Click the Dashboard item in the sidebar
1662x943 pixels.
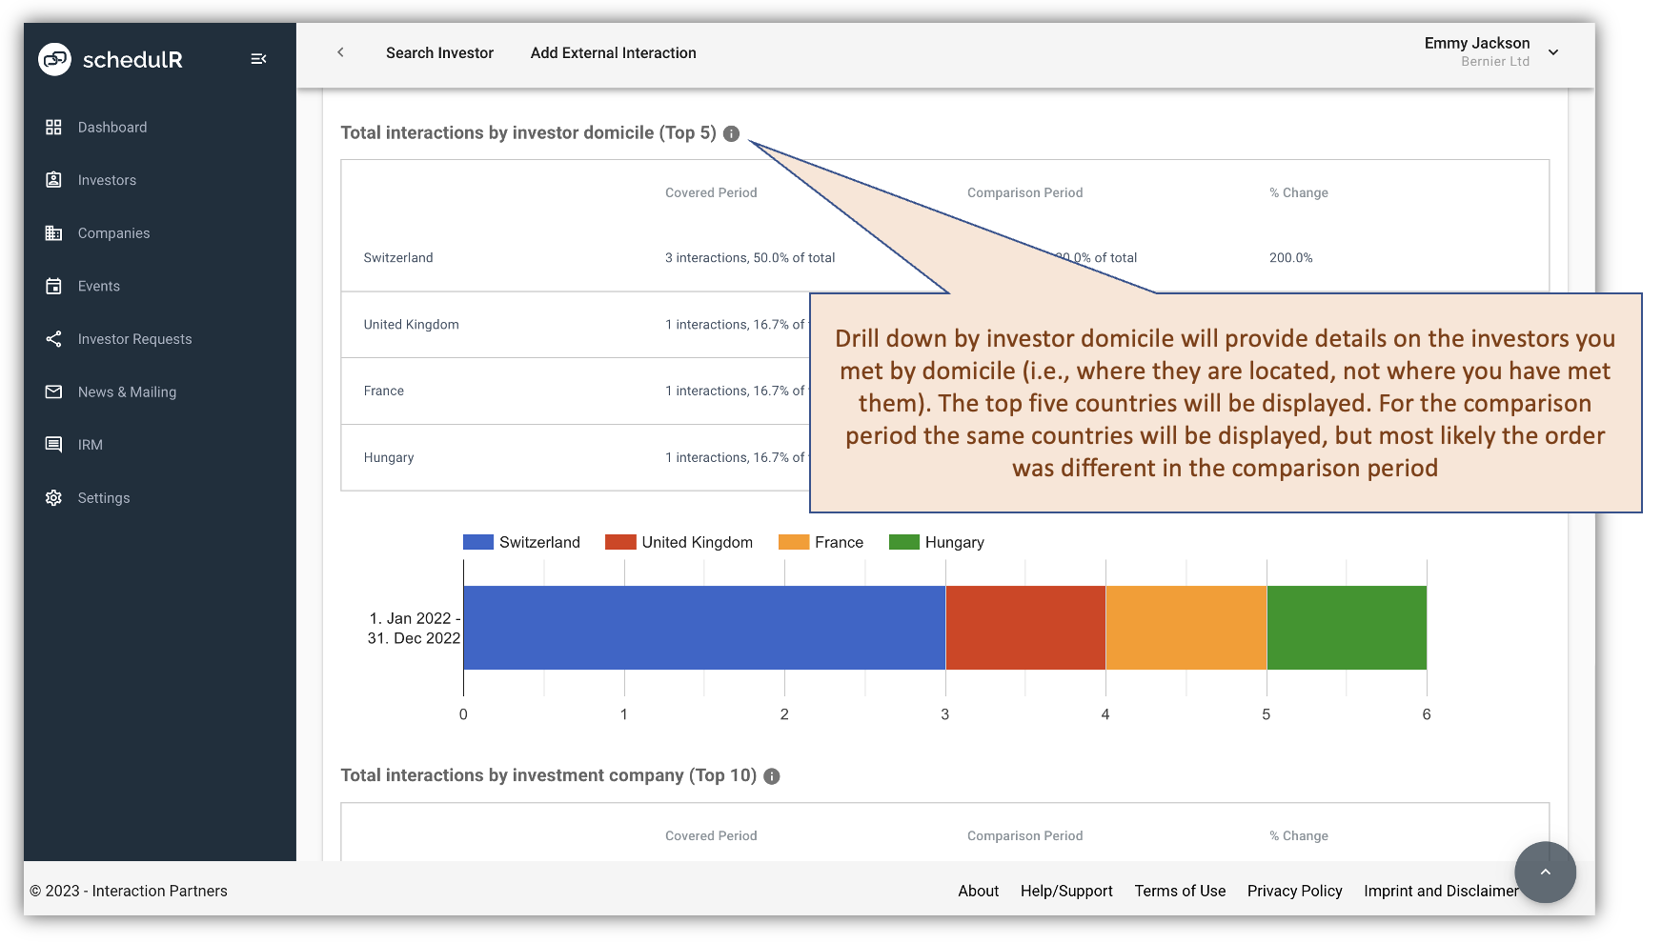[111, 128]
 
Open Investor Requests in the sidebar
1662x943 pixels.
[134, 339]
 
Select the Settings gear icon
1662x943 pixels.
[53, 498]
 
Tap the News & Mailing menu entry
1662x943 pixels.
[127, 392]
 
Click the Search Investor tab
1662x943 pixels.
[439, 53]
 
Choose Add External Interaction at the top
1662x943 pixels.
[613, 53]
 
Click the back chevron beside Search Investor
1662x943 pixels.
[340, 52]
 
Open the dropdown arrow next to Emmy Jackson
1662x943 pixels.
[1553, 52]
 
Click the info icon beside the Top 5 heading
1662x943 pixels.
[731, 134]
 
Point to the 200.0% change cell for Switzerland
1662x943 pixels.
[1290, 258]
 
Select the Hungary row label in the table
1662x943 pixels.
[389, 458]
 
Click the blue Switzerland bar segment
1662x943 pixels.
[703, 628]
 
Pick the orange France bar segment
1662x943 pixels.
[1186, 628]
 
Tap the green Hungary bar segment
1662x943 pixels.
[1346, 628]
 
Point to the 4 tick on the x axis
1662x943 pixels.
[1105, 714]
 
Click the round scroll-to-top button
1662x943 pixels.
[1545, 872]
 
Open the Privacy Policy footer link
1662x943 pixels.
[1294, 892]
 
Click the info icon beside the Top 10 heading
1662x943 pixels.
[772, 777]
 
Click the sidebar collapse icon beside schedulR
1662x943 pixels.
[258, 59]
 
